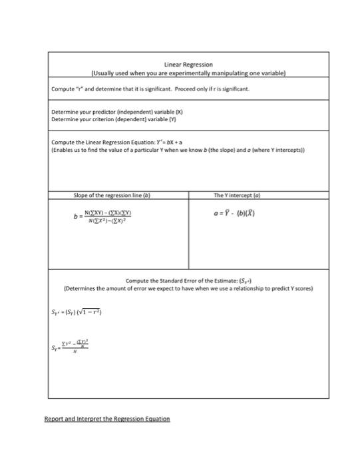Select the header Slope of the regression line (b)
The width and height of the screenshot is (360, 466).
[x=112, y=194]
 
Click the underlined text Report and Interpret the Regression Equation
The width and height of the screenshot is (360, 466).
[x=107, y=419]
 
